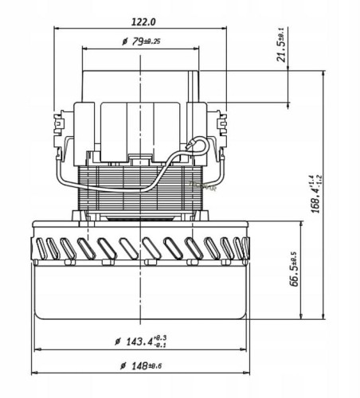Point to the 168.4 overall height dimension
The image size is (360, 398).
316,194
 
